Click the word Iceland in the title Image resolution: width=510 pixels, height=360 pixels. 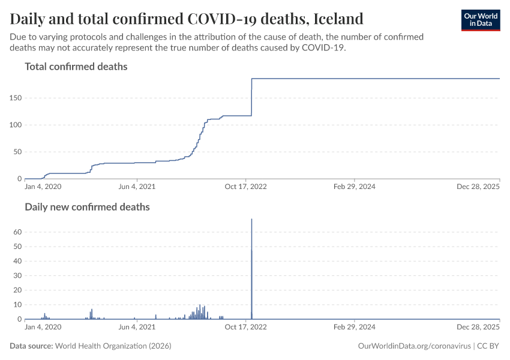point(338,18)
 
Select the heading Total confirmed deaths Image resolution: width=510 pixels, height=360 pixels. point(76,67)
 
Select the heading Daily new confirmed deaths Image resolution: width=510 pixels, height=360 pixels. point(87,207)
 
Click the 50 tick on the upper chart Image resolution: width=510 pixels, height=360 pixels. point(16,152)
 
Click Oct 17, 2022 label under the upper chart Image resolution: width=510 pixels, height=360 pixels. point(246,187)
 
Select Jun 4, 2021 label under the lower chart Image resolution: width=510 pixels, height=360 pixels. point(137,327)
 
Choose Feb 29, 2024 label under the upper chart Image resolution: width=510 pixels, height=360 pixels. point(355,187)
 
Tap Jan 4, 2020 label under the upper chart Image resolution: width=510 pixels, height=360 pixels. point(43,187)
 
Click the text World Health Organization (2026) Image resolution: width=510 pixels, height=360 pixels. point(113,346)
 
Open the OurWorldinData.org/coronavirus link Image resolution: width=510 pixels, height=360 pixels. point(413,346)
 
